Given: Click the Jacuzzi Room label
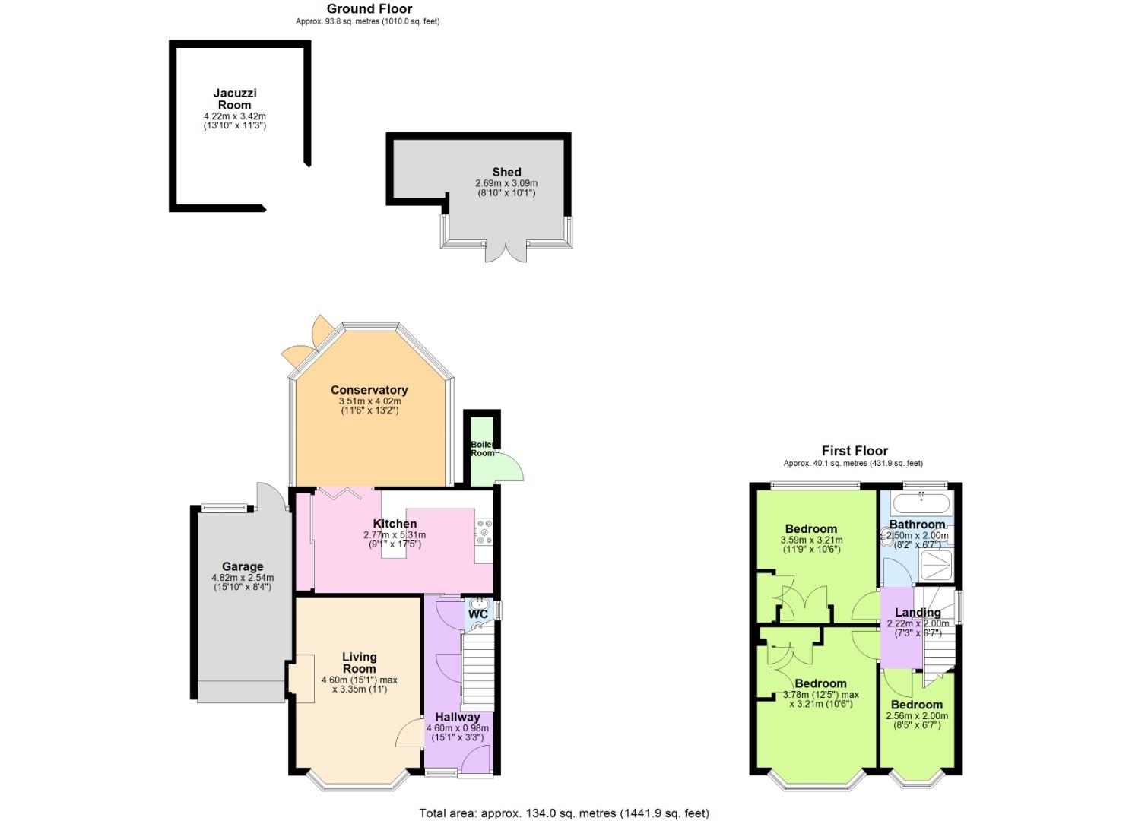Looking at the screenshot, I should pos(234,99).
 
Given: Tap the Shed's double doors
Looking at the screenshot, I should pos(506,252).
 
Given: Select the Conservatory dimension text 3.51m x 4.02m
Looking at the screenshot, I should pos(369,401).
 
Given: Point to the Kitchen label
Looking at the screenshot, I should pos(395,524).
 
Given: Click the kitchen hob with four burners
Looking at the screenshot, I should pos(484,531).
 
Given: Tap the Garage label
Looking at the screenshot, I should pos(243,566).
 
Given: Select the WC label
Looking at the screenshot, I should pos(477,614).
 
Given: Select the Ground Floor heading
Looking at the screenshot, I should pos(369,9).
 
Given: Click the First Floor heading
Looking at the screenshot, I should pos(854,451).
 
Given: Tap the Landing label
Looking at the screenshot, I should pos(918,613).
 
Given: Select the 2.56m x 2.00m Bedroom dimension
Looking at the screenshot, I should pos(917,716).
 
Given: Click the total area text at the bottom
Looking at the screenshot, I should pos(563,813).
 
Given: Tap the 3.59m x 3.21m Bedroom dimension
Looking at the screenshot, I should pos(810,540).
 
